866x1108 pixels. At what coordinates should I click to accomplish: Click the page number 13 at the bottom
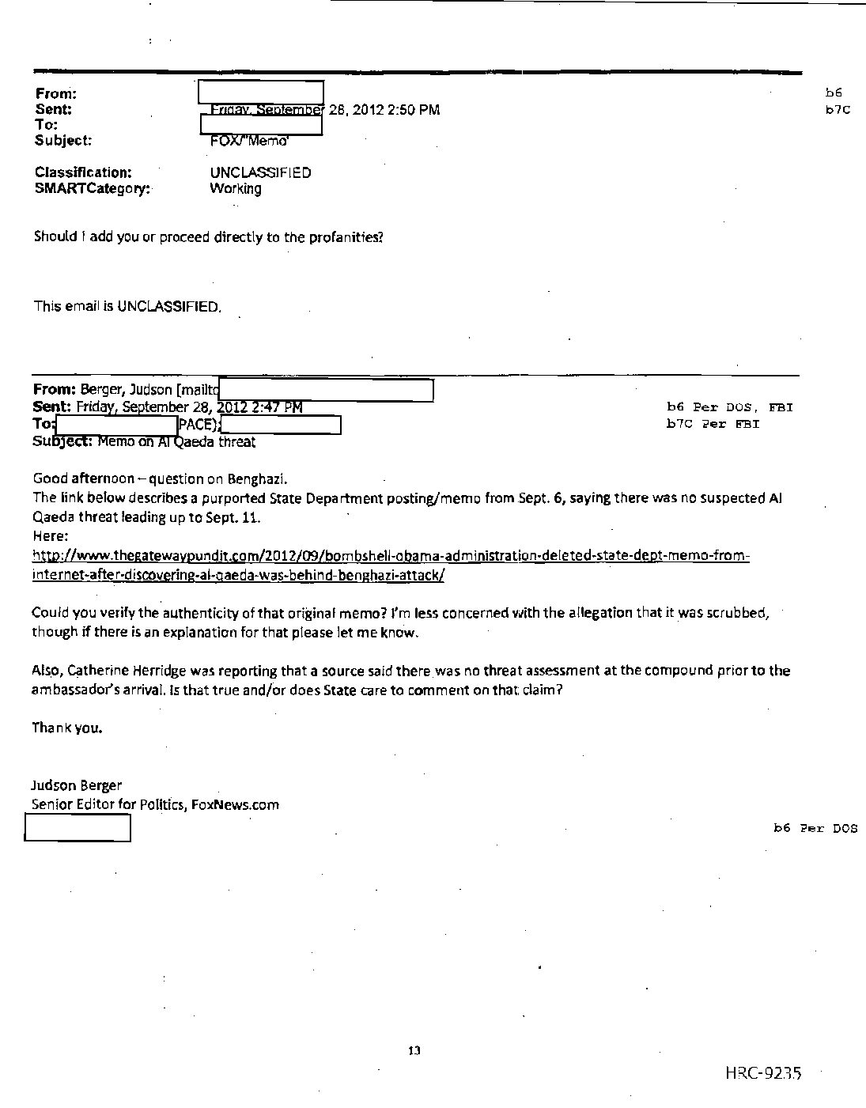(x=414, y=1051)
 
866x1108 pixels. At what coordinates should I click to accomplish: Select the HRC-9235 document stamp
(x=762, y=1073)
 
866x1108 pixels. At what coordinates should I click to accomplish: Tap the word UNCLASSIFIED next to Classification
(x=260, y=172)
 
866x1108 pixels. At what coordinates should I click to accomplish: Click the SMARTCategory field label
(x=93, y=188)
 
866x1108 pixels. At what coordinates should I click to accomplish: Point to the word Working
(x=235, y=188)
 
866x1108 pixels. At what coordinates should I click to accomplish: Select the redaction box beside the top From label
(x=260, y=93)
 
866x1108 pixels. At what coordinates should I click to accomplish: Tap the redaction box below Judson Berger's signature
(x=78, y=827)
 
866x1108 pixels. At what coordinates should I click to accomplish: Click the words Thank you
(x=67, y=728)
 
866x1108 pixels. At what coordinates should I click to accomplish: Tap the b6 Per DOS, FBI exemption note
(x=729, y=407)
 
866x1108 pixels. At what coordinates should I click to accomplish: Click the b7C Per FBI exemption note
(x=713, y=423)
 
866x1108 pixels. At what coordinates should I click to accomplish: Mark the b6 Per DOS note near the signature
(x=815, y=828)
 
